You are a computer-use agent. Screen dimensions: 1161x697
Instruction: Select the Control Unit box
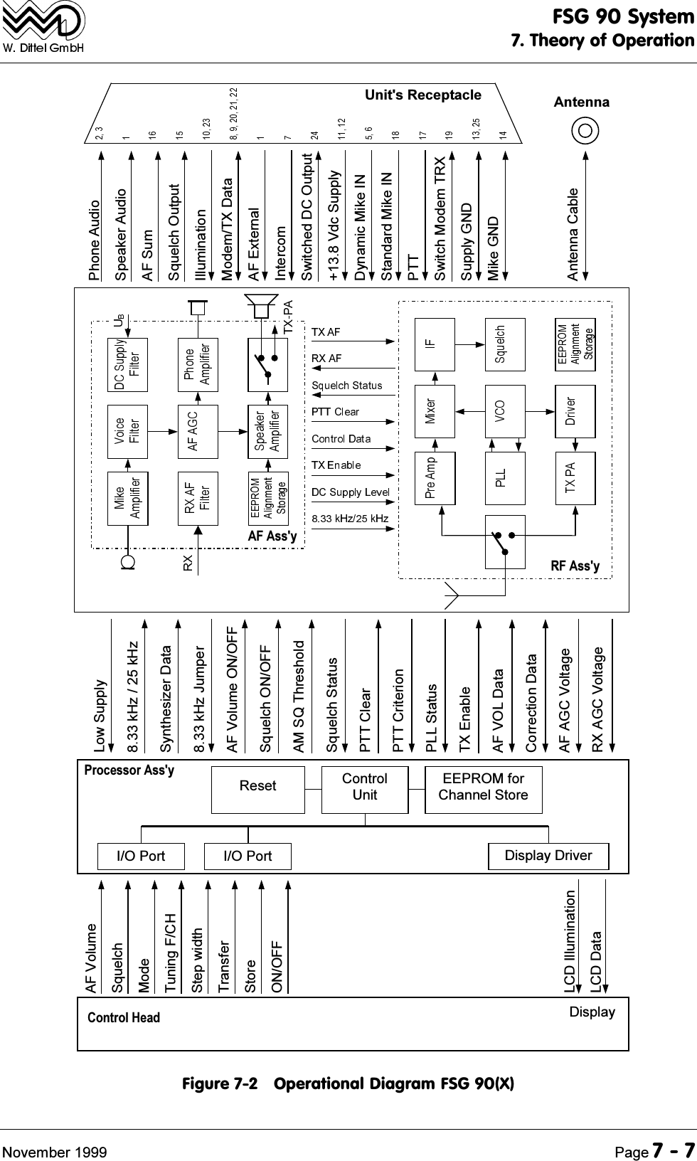point(365,789)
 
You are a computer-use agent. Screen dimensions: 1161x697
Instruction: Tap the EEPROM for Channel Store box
point(483,789)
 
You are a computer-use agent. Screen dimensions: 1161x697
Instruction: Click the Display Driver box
point(548,856)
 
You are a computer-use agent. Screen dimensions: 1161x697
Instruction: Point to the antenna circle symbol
point(587,131)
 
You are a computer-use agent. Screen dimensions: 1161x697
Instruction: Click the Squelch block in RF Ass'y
point(504,344)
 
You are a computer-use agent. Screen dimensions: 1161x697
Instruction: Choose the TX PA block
point(575,478)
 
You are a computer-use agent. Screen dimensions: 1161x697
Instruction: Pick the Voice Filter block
point(127,431)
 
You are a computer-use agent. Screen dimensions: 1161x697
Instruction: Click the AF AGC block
point(198,431)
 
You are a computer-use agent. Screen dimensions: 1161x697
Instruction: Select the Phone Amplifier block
point(198,364)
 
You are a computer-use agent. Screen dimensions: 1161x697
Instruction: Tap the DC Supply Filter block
point(127,364)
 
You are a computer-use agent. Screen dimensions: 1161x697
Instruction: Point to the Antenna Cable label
point(573,234)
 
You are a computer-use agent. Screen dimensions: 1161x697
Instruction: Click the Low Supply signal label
point(100,716)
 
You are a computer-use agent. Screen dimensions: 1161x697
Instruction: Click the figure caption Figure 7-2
point(348,1084)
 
